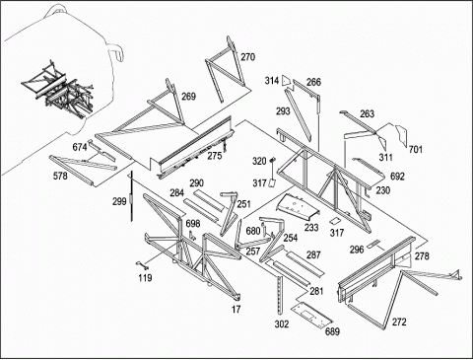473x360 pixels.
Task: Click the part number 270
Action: pos(247,57)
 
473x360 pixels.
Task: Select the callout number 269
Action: pos(188,97)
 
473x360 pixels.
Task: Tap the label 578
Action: pos(60,177)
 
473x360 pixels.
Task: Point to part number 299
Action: pos(119,201)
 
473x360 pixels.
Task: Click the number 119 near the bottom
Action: pos(145,278)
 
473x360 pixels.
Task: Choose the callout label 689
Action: pos(332,331)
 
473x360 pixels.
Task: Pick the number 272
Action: pos(399,323)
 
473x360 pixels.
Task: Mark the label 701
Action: pos(415,150)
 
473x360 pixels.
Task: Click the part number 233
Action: pos(311,228)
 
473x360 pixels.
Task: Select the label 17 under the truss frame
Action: pos(236,310)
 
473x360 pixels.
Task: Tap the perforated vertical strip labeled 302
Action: pos(280,295)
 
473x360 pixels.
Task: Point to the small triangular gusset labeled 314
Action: pos(286,80)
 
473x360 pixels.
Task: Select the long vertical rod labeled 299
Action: pos(131,196)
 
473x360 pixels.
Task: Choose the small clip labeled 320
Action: pos(272,160)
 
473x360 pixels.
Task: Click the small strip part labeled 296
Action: pos(373,245)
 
